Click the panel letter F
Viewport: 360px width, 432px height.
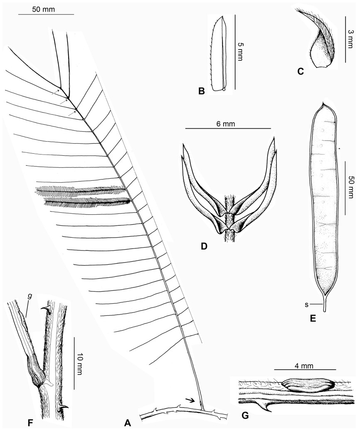click(11, 423)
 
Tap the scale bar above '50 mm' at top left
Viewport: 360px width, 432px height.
click(46, 15)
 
